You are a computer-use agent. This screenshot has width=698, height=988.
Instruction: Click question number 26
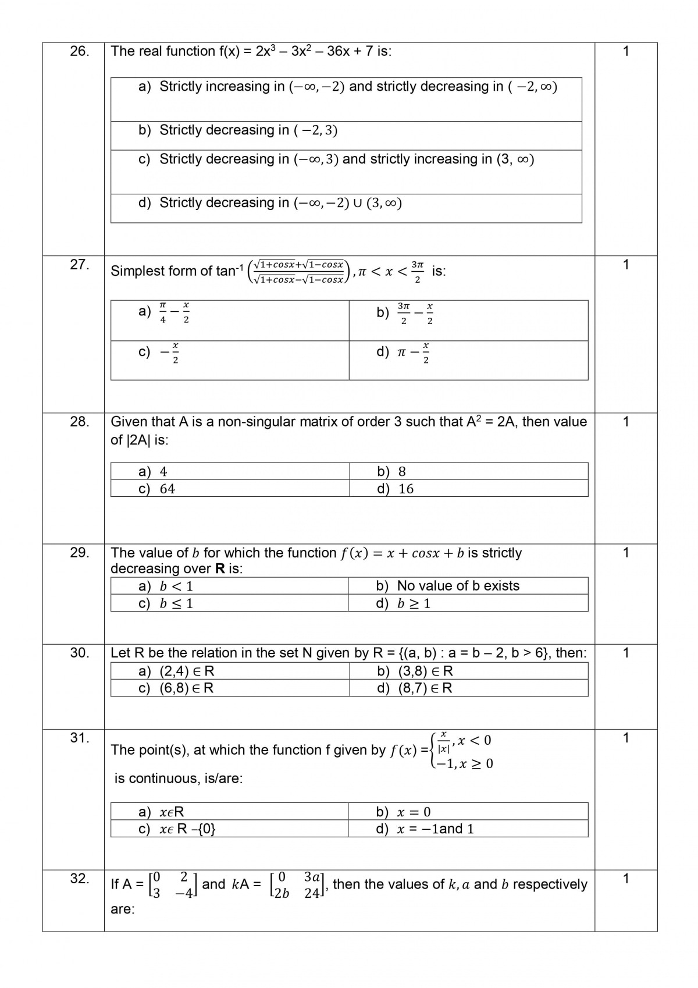pos(79,51)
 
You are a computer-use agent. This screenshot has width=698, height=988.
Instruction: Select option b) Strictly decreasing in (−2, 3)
pos(238,130)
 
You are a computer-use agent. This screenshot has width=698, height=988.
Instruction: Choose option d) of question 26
pos(270,203)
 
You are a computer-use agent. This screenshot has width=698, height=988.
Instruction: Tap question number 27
pos(79,265)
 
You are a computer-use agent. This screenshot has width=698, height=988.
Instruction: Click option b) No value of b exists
pos(448,586)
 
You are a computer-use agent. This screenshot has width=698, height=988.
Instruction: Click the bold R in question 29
pos(220,569)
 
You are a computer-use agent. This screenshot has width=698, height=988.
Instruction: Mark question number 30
pos(79,653)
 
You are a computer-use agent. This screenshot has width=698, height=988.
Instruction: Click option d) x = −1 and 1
pos(425,829)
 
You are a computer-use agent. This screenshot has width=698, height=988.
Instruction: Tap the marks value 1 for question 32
pos(626,879)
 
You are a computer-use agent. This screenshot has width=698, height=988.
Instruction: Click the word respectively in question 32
pos(550,884)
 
